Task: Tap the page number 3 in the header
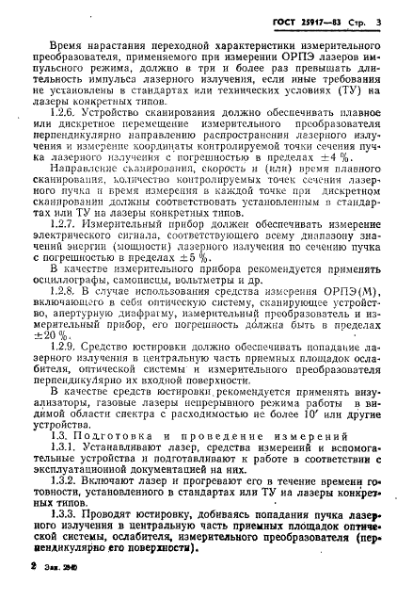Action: coord(375,18)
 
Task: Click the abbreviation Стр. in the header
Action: coord(354,18)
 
